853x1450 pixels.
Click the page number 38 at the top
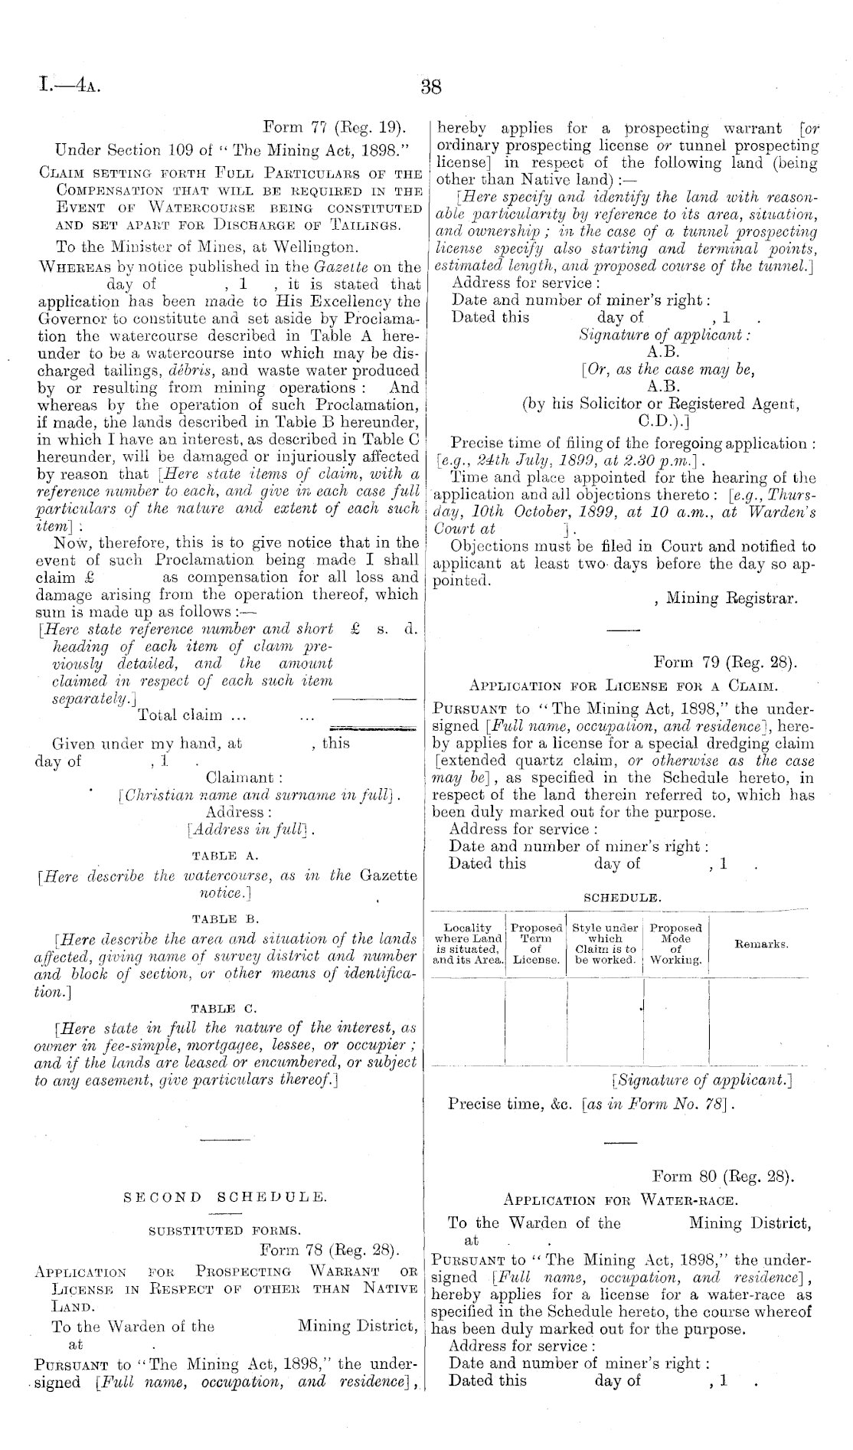coord(431,87)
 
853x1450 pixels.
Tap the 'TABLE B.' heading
coord(227,918)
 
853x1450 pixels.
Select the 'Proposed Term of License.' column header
coord(536,944)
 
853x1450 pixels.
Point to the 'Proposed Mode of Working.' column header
coord(675,944)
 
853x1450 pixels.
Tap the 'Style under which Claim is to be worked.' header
coord(605,944)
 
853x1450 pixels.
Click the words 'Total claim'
coord(180,715)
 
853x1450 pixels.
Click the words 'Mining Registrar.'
coord(731,598)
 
